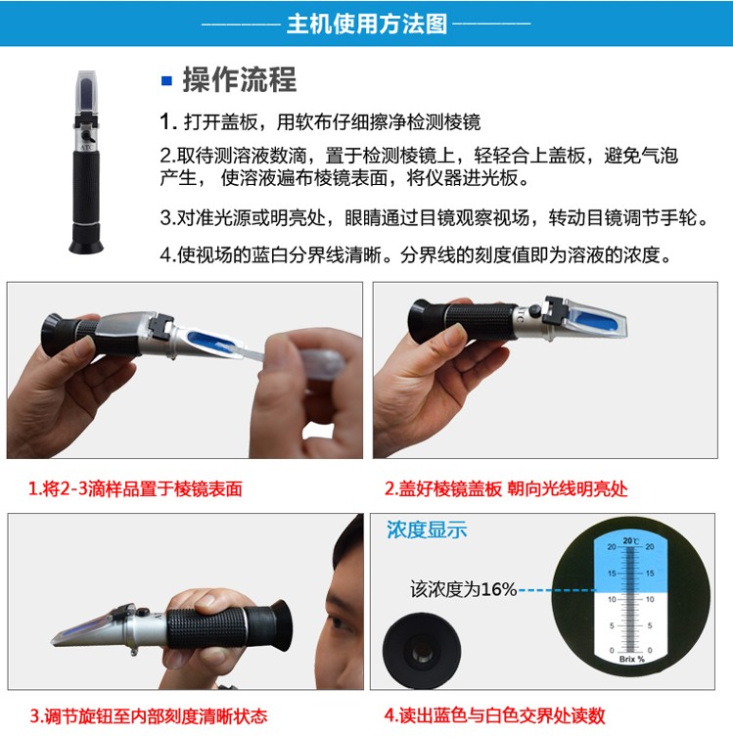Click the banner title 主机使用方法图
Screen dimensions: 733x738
pos(367,23)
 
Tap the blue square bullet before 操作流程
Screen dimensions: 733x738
pos(166,80)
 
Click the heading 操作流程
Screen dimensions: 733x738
pos(240,79)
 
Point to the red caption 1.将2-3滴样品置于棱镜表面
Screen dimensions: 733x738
pos(135,488)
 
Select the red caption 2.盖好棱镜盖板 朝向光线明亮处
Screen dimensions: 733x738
pos(506,488)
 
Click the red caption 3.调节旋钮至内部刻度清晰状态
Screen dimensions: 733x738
pos(149,715)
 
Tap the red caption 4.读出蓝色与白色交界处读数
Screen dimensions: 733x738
pos(494,715)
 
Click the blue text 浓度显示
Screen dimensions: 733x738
pos(427,530)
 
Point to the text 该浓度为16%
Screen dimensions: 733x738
pos(464,589)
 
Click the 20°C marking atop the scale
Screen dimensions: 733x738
pos(631,541)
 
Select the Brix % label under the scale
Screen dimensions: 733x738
pos(632,659)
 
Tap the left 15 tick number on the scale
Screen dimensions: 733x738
pos(612,574)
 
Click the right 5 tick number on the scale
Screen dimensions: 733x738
pos(650,625)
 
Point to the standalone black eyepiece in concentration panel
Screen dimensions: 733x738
pos(422,651)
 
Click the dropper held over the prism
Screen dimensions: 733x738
pos(292,360)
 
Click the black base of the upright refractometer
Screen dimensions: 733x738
pos(86,239)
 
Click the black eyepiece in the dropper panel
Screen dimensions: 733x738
pos(59,334)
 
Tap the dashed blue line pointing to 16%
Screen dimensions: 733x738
pos(557,590)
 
